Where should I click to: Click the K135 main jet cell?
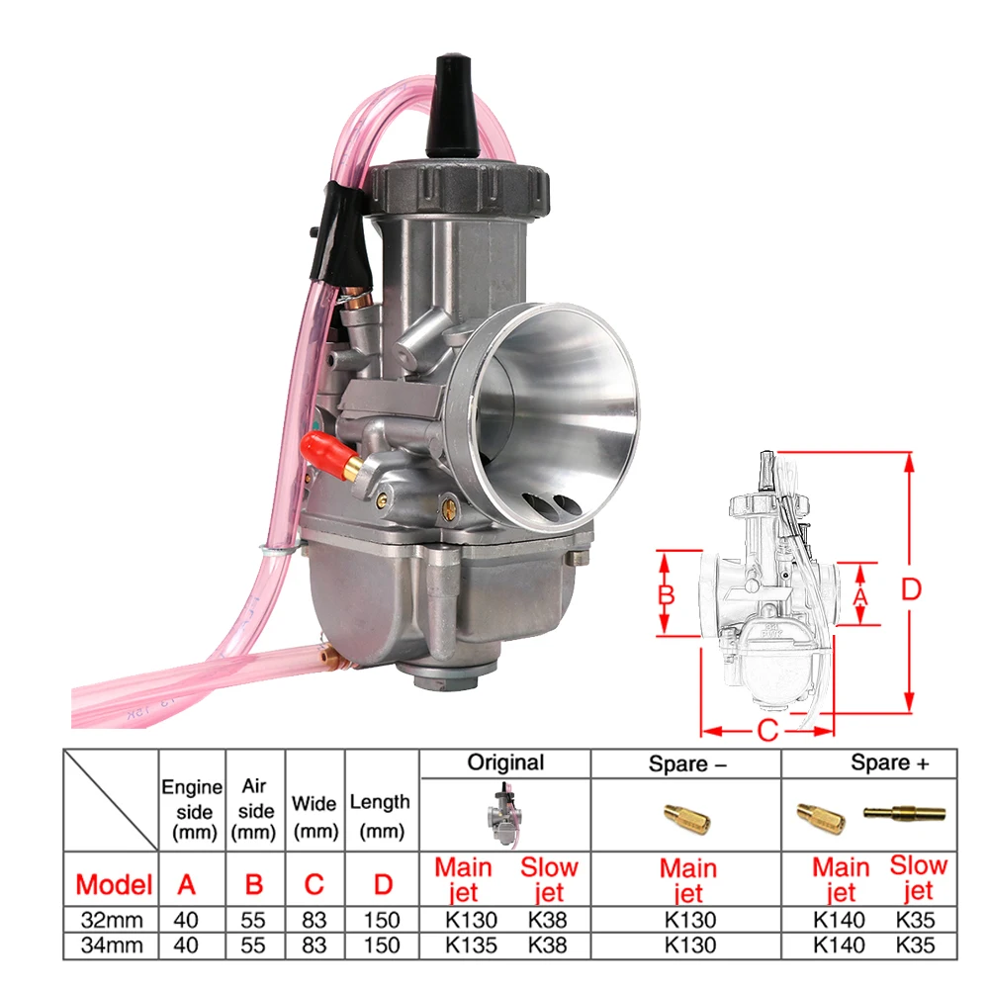coord(471,944)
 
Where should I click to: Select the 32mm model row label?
coord(113,920)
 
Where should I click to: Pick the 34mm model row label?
coord(113,944)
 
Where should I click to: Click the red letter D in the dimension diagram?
coord(911,589)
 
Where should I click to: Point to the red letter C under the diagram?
coord(767,731)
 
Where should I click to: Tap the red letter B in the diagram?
coord(666,594)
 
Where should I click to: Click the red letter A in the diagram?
coord(860,595)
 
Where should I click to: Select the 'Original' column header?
coord(505,763)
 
